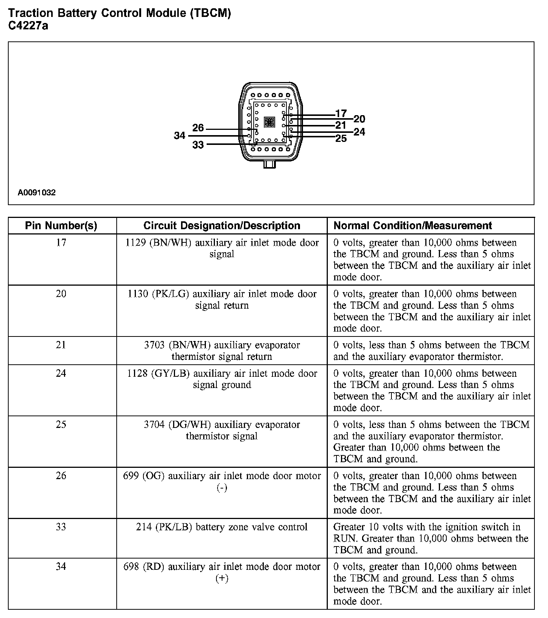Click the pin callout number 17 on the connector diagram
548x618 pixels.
pyautogui.click(x=341, y=113)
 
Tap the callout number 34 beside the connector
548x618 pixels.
pyautogui.click(x=180, y=135)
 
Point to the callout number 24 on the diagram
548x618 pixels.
pyautogui.click(x=359, y=132)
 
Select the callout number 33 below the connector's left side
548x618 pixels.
pyautogui.click(x=198, y=145)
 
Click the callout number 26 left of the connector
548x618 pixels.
pyautogui.click(x=198, y=128)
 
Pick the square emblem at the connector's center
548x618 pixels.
pyautogui.click(x=269, y=122)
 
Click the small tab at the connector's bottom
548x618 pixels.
pyautogui.click(x=269, y=164)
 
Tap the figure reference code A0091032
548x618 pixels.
pyautogui.click(x=37, y=193)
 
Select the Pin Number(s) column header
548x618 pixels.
pyautogui.click(x=61, y=226)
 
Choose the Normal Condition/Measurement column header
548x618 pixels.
pyautogui.click(x=413, y=226)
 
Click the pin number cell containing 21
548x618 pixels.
pyautogui.click(x=61, y=345)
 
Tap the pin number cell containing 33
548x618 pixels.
pyautogui.click(x=61, y=527)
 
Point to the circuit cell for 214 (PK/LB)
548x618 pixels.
pyautogui.click(x=222, y=527)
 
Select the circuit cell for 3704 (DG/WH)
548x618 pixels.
pyautogui.click(x=222, y=430)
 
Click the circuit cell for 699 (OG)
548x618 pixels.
pyautogui.click(x=222, y=481)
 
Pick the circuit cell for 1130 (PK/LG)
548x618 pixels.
pyautogui.click(x=222, y=300)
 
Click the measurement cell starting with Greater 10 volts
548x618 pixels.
pyautogui.click(x=431, y=538)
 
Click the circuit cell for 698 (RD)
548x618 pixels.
pyautogui.click(x=222, y=572)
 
